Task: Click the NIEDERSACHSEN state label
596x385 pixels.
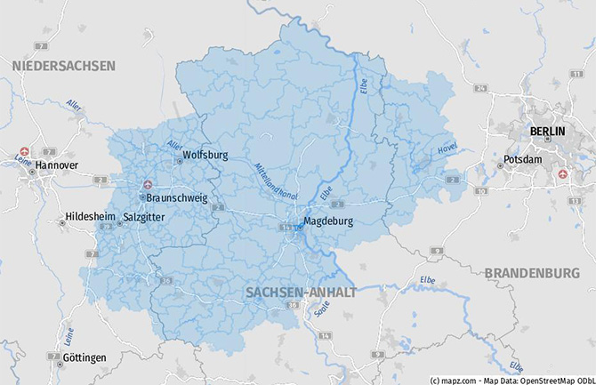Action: tap(63, 67)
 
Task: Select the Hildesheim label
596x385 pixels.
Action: tap(92, 217)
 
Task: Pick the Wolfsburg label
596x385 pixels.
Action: tap(205, 155)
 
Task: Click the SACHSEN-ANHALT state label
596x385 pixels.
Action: tap(301, 292)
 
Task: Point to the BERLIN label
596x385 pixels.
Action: tap(547, 132)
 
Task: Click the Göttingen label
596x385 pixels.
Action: tap(85, 357)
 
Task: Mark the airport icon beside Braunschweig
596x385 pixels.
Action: tap(149, 185)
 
